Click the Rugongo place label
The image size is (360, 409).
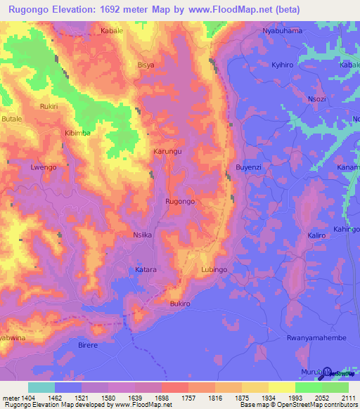[179, 202]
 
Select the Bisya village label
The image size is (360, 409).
[146, 65]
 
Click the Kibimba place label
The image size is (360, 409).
[78, 133]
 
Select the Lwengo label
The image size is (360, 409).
[43, 168]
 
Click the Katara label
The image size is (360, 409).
[146, 270]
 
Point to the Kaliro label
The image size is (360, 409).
[317, 236]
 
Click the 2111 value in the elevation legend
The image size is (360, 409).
[347, 398]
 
